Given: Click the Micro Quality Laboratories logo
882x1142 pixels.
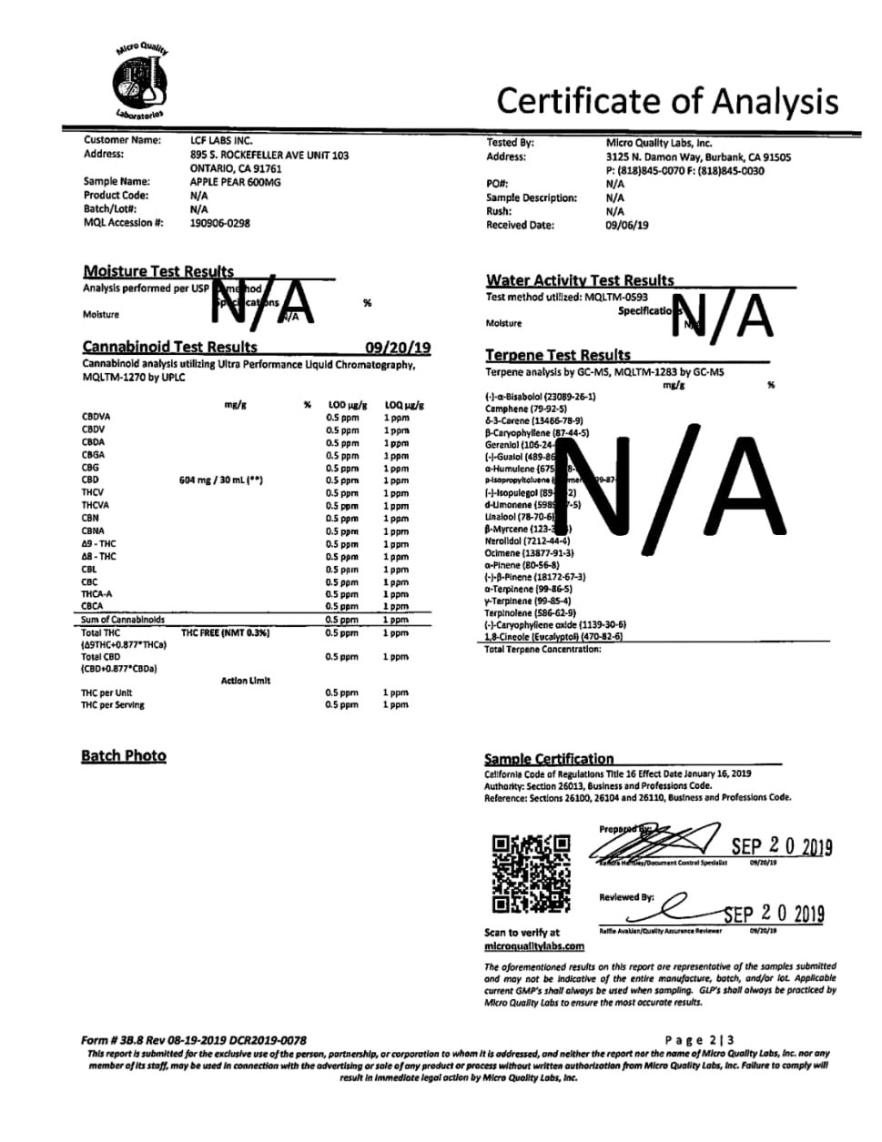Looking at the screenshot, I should (141, 82).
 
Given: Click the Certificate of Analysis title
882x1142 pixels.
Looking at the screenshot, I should (667, 101).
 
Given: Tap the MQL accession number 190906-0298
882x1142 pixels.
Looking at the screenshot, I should (219, 223).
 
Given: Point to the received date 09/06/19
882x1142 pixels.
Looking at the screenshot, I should (627, 226).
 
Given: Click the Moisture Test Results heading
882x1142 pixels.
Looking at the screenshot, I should (158, 271).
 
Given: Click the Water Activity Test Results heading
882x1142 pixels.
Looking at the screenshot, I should (580, 280).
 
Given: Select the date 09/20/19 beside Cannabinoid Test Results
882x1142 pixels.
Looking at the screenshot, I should (398, 348).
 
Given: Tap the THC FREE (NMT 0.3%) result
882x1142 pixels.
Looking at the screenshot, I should (222, 632).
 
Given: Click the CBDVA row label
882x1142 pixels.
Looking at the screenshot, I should (96, 417).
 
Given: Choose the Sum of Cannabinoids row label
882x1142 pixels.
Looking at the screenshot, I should (123, 620).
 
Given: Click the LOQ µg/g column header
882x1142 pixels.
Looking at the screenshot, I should (404, 405).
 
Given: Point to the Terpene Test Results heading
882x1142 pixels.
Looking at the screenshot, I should (557, 355).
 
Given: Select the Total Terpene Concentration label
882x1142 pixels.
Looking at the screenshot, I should (542, 649).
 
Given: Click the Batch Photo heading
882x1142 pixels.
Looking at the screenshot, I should (124, 755).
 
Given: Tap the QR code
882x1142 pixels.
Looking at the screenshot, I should (532, 874).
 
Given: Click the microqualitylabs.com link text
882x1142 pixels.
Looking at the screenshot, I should (534, 946).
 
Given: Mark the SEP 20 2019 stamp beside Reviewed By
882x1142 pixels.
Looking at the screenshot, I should (774, 914).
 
